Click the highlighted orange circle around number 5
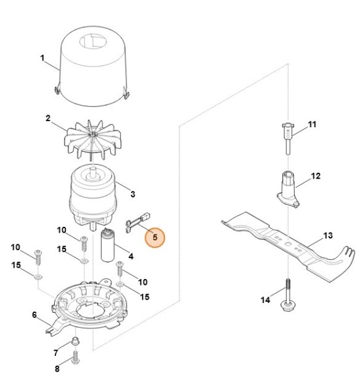click(155, 238)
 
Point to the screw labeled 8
click(76, 357)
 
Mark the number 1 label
click(43, 58)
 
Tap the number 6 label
click(34, 315)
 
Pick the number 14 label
click(265, 300)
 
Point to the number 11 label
click(311, 124)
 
